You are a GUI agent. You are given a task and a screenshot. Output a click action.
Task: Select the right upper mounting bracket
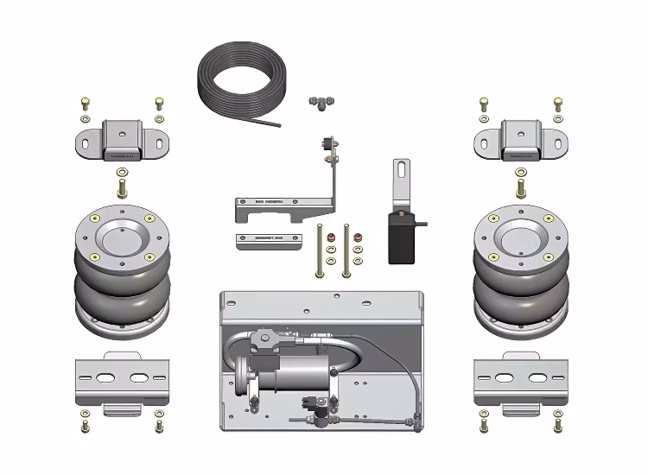pos(521,141)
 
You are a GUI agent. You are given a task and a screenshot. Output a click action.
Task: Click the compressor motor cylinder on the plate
pos(298,377)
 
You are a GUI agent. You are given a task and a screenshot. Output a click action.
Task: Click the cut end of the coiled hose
pos(278,124)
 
